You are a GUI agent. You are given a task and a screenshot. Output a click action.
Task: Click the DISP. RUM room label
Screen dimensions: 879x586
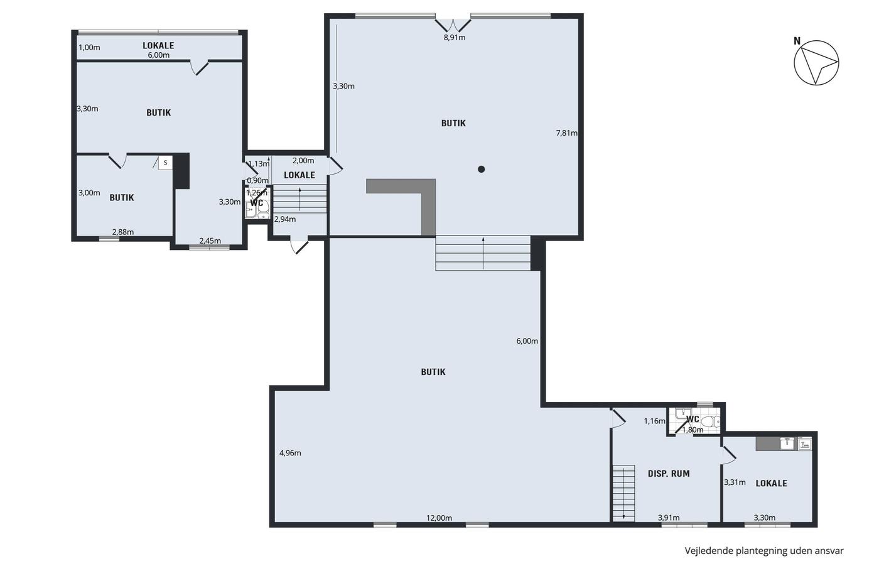(x=669, y=474)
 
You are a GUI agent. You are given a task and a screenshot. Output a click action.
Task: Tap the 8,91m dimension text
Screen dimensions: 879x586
(x=455, y=38)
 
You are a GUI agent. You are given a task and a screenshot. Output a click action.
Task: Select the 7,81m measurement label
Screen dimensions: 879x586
(x=566, y=133)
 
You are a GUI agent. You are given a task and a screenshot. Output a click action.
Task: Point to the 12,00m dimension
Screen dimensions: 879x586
(x=439, y=518)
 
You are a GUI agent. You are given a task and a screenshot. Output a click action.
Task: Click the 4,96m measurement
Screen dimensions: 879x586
(x=290, y=453)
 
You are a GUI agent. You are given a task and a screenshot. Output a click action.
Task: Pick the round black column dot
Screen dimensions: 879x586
(x=482, y=169)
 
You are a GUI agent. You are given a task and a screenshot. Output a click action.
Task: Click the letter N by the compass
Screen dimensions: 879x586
(x=797, y=41)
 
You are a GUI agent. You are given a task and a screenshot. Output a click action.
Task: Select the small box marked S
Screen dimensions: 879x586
(x=165, y=163)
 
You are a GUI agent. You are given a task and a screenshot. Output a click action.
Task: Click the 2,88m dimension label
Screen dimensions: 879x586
(x=123, y=232)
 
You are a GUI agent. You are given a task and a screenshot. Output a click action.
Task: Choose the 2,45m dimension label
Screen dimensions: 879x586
(x=210, y=241)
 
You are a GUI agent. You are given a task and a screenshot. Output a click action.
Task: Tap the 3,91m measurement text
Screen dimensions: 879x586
(x=669, y=518)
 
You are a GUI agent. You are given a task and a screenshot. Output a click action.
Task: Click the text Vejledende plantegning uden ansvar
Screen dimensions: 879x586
(x=764, y=551)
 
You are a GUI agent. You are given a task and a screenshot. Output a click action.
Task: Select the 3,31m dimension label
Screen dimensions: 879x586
(x=735, y=482)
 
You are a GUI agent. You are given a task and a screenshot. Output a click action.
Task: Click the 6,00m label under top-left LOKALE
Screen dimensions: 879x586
(x=158, y=55)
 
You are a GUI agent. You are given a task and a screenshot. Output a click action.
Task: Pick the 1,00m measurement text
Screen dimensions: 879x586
(x=89, y=48)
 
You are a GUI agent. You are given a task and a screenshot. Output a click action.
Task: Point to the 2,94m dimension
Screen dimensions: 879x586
(x=285, y=219)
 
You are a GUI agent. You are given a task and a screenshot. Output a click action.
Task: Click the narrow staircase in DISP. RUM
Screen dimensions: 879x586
(x=623, y=493)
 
